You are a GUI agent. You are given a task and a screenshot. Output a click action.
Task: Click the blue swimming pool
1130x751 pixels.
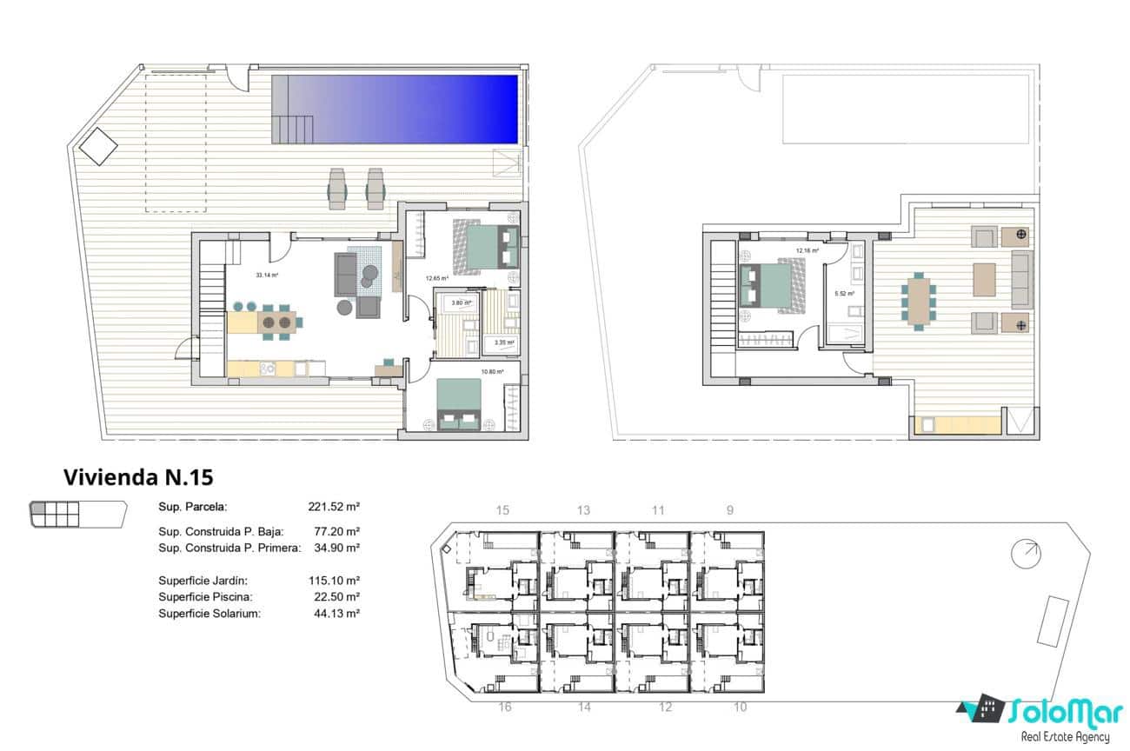(x=409, y=109)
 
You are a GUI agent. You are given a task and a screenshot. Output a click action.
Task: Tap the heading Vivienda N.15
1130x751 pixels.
(x=138, y=477)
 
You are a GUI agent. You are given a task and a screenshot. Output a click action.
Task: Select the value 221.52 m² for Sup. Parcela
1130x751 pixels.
(x=334, y=507)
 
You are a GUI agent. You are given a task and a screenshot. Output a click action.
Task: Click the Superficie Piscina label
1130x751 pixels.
(x=205, y=597)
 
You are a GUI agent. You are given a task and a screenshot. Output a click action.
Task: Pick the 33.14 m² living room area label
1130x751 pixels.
(x=266, y=275)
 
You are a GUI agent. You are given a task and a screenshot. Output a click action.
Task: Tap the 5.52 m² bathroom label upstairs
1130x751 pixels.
(x=844, y=294)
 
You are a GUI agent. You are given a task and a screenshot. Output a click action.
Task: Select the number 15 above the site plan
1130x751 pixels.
(x=502, y=510)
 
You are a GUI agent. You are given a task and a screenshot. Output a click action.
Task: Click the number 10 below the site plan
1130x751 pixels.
(x=740, y=708)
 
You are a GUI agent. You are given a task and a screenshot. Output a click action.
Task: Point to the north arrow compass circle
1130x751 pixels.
(x=1027, y=553)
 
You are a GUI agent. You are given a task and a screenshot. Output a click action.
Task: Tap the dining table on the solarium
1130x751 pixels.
(x=918, y=299)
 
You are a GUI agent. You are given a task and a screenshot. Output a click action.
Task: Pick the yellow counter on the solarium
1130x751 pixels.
(x=956, y=426)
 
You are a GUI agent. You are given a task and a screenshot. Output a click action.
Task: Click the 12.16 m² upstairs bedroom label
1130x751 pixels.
(x=808, y=251)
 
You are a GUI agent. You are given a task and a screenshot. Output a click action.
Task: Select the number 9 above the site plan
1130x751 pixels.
(x=730, y=510)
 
